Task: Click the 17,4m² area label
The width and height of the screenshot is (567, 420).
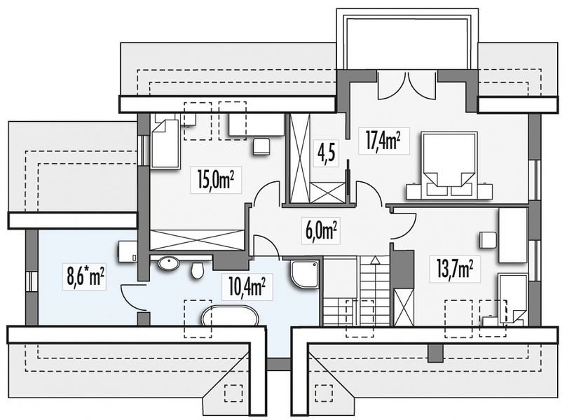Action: click(383, 141)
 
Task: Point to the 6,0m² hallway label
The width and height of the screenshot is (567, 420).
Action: click(322, 230)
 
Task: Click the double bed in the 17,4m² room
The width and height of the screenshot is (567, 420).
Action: click(449, 165)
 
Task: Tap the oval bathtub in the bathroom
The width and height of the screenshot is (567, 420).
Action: click(230, 316)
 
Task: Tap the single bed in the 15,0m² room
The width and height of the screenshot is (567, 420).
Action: click(165, 144)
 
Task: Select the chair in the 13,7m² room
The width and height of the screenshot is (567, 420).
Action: click(486, 241)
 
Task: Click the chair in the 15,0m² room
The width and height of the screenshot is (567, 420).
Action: click(261, 147)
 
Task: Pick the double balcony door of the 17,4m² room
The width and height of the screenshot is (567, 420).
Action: click(407, 85)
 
